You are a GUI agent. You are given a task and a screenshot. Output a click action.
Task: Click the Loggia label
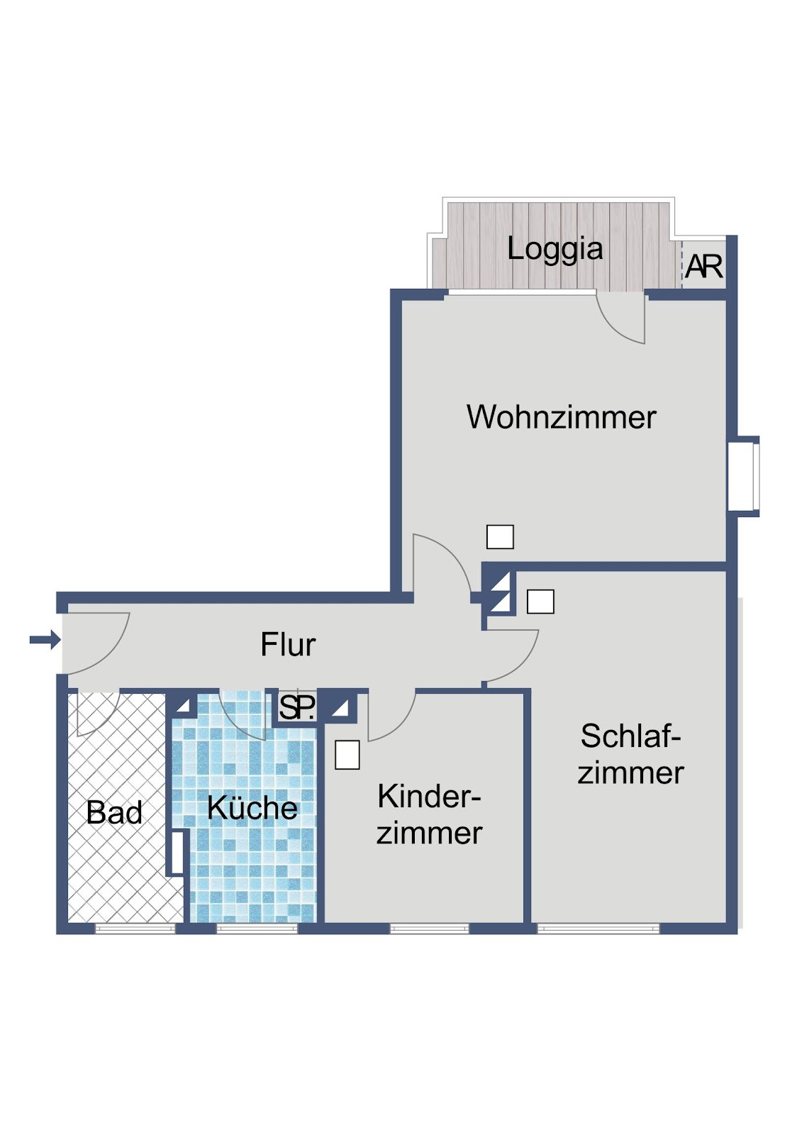[555, 250]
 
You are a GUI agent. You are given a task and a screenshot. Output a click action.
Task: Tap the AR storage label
[703, 267]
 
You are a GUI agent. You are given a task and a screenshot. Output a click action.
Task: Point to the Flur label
[288, 644]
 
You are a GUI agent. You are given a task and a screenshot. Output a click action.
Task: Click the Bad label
[114, 812]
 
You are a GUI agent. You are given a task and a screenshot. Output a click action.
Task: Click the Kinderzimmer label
[429, 815]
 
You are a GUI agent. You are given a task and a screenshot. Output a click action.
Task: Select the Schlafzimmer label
[631, 754]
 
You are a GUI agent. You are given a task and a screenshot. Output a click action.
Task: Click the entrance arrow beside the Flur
[45, 639]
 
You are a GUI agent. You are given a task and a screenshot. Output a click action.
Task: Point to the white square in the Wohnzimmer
[500, 536]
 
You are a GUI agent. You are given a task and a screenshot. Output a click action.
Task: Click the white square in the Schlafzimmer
[540, 602]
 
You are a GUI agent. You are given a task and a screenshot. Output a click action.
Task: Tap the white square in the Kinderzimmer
[347, 755]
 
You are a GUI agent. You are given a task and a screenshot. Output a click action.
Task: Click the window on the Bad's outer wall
[135, 929]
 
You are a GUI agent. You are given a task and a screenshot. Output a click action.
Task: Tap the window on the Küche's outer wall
[257, 929]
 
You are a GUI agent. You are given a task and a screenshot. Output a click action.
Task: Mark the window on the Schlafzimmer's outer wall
[598, 929]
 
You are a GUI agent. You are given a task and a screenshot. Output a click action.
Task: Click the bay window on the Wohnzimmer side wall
[744, 476]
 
